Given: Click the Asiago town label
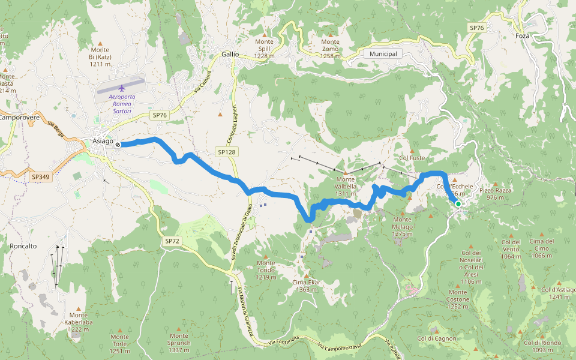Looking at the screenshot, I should click(103, 140).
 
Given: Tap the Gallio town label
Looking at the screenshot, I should click(230, 54).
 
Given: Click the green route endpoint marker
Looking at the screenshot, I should click(458, 204).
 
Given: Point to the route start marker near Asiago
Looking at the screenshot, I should click(118, 144).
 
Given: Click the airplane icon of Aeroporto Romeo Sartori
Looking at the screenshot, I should click(122, 88).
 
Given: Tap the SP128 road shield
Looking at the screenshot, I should click(226, 152).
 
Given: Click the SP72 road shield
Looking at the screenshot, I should click(172, 241).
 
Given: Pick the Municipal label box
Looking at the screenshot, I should click(383, 54).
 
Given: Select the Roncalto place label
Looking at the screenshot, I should click(23, 246).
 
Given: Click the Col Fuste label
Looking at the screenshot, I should click(412, 158).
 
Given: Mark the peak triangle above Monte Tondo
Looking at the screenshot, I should click(266, 256).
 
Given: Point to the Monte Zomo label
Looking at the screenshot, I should click(330, 49).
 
